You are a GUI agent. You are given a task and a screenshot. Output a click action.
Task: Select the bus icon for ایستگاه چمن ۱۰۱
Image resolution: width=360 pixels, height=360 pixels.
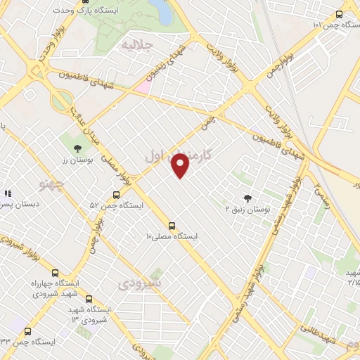340,14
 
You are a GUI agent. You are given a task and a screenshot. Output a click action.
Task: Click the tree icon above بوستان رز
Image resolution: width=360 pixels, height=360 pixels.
77,148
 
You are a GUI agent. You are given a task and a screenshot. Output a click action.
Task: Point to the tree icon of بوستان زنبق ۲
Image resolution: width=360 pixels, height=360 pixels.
247,198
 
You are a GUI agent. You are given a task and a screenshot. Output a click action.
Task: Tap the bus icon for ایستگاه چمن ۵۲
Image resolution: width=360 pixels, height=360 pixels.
116,195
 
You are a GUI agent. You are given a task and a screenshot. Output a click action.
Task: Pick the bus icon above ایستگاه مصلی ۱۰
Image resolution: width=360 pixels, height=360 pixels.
172,226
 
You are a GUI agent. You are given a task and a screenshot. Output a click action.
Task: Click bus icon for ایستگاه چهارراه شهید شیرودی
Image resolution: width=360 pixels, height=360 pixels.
56,273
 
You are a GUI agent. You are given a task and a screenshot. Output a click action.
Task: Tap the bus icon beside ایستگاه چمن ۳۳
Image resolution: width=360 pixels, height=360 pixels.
28,331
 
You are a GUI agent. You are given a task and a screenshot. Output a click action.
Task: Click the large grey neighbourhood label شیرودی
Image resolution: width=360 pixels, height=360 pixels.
139,283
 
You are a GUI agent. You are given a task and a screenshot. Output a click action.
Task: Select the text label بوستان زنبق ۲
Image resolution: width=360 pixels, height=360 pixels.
247,210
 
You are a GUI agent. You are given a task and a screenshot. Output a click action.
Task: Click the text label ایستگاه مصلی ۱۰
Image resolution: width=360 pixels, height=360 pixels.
172,237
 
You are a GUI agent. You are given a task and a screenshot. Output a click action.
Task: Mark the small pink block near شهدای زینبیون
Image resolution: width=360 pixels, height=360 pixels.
142,86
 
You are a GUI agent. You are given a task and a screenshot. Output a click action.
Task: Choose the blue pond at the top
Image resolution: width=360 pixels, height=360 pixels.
160,11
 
